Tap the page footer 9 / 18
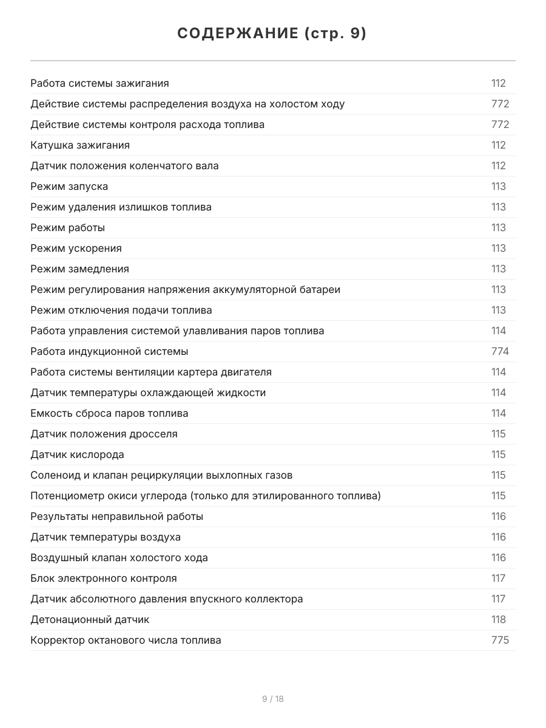273,699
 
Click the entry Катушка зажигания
80,145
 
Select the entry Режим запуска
69,186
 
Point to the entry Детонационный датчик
90,619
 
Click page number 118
499,619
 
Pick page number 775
500,640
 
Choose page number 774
500,351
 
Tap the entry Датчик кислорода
77,454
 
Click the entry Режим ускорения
76,248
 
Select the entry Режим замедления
79,269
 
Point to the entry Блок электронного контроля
104,578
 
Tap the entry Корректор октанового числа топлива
126,640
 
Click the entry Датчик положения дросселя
104,434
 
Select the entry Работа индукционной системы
109,351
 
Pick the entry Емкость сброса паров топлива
109,413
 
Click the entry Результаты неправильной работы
116,516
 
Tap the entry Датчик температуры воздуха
106,537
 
